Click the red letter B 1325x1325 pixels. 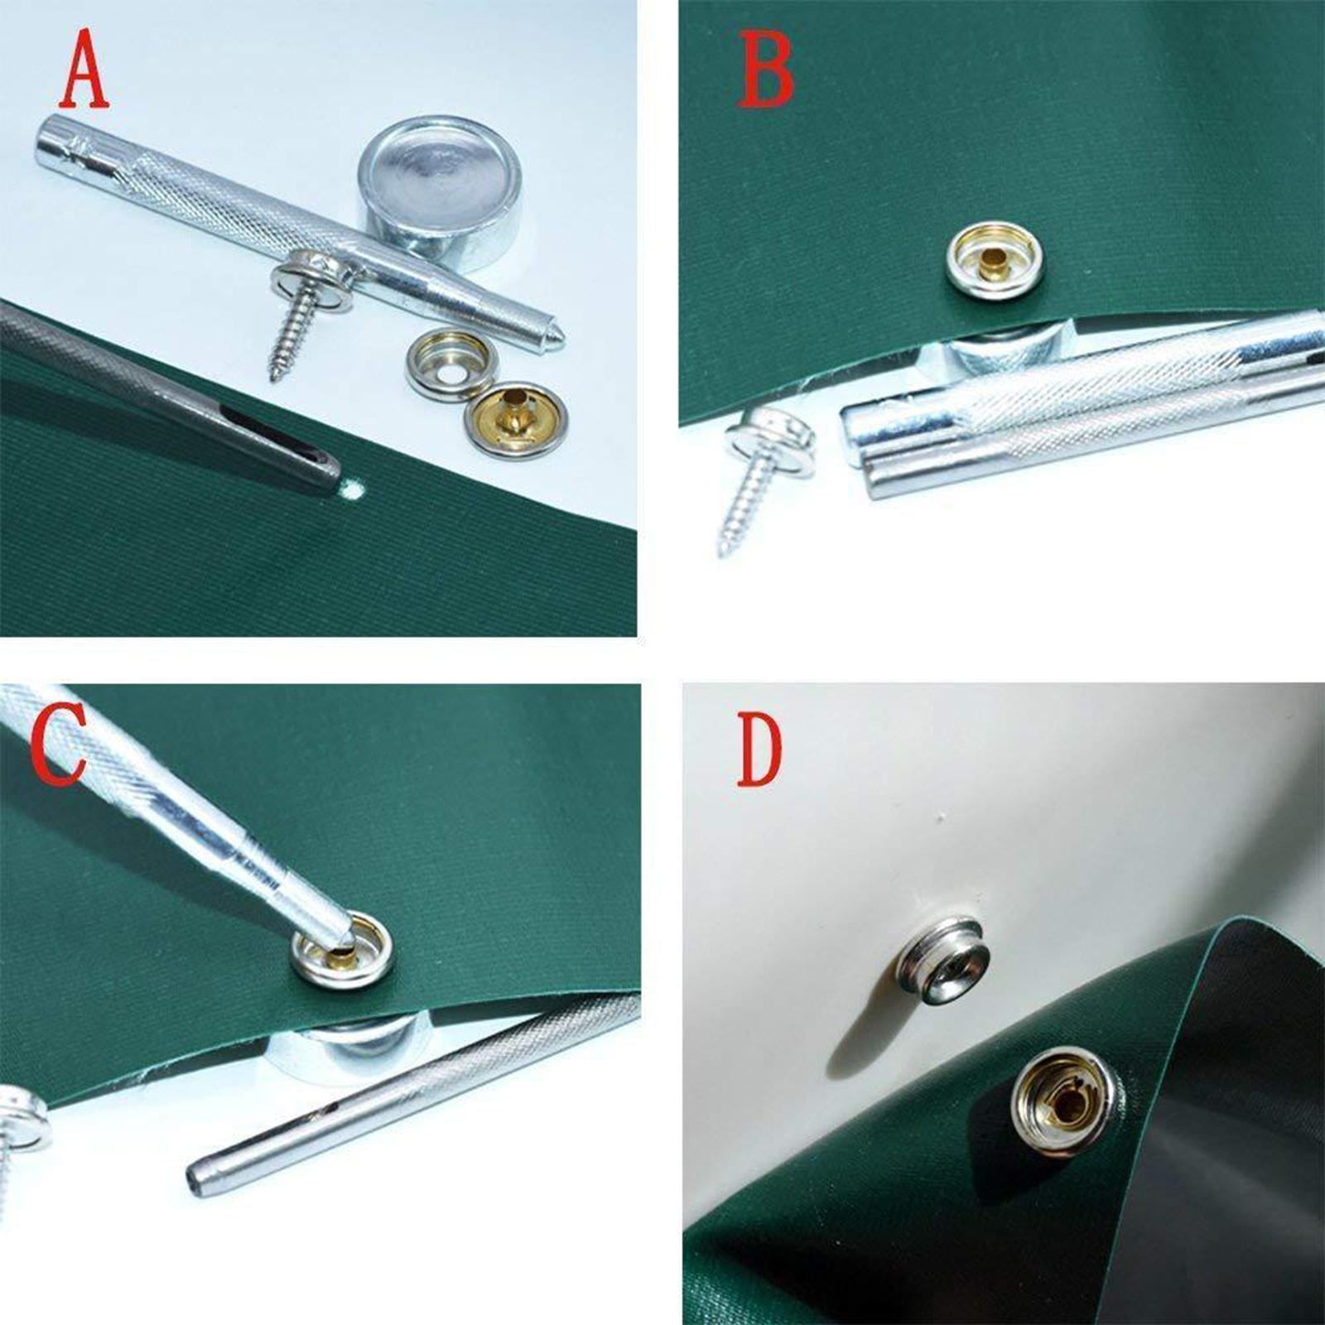point(765,70)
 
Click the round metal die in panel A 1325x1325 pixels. point(439,193)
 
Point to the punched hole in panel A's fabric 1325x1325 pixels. point(354,491)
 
